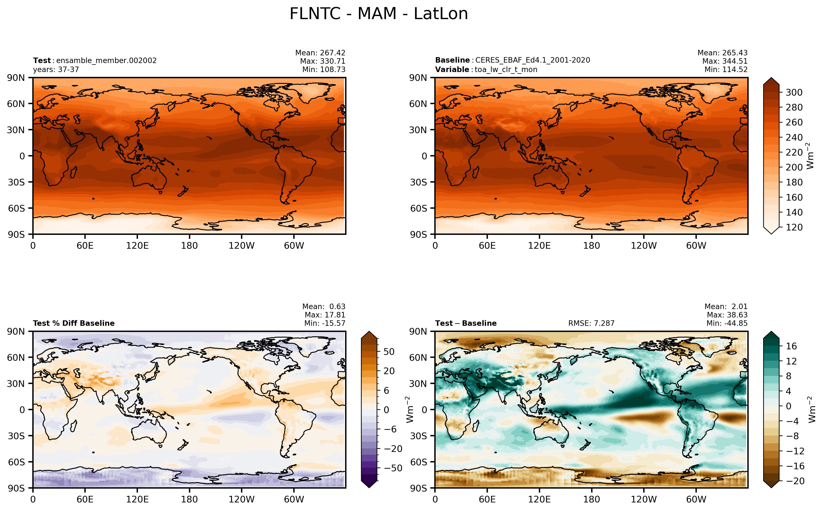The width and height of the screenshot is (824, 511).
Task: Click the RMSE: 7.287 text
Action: tap(591, 323)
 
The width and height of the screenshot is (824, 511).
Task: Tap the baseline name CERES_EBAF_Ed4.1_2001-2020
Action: tap(532, 60)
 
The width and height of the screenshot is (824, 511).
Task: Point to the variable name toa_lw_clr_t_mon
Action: tap(506, 70)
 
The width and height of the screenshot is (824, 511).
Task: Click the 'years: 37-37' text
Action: tap(56, 70)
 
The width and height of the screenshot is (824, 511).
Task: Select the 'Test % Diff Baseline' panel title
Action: tap(74, 323)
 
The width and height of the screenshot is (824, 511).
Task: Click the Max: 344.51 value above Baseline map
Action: tap(725, 61)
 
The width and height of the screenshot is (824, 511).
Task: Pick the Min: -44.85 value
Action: tap(727, 323)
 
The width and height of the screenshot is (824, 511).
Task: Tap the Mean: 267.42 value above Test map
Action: tap(320, 53)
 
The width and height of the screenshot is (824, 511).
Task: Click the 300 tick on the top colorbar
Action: tap(794, 92)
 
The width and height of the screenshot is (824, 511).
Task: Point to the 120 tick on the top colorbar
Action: tap(794, 227)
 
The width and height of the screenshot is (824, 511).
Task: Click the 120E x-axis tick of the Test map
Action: tap(137, 246)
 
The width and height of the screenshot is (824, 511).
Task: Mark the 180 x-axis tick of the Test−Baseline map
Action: tap(592, 500)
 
